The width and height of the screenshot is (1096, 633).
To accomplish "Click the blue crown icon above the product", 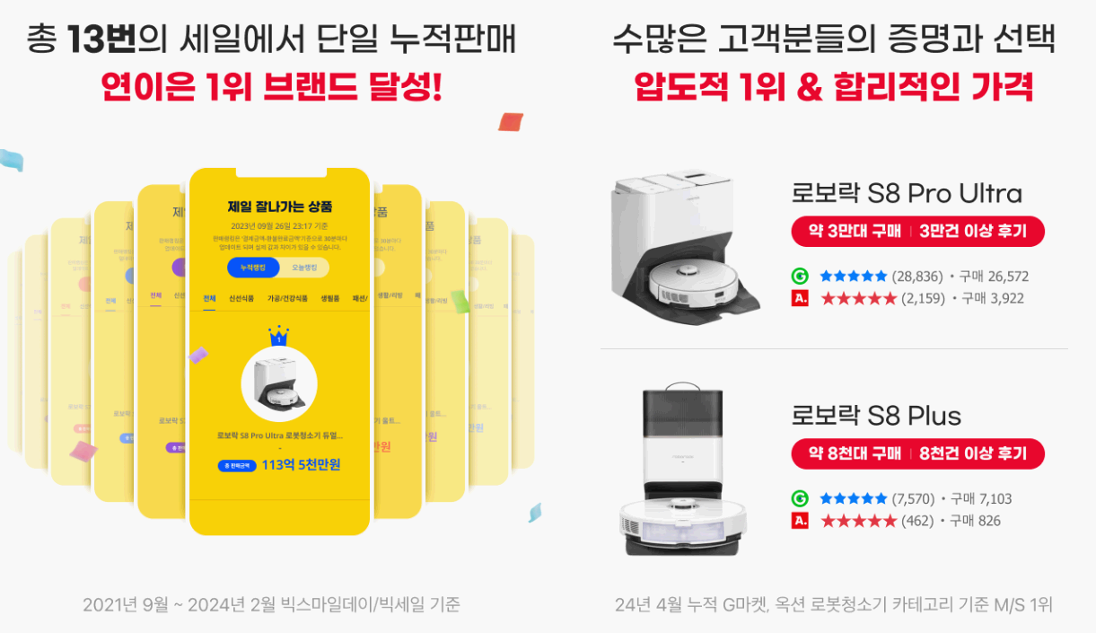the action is tap(279, 336).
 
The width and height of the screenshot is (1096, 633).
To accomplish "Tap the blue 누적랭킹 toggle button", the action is tap(253, 268).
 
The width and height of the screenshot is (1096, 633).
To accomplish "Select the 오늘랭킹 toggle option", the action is tap(304, 268).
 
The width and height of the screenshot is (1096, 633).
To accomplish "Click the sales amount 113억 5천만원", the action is tap(301, 465).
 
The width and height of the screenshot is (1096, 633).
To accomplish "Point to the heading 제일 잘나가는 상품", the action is tap(279, 207).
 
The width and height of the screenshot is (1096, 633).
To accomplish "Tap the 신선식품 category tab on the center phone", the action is tap(241, 298).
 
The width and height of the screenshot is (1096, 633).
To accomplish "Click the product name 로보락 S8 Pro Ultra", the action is tap(907, 193).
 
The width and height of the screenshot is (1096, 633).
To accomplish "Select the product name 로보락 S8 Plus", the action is tap(876, 415).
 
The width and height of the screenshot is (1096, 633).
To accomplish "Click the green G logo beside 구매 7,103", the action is tap(800, 498).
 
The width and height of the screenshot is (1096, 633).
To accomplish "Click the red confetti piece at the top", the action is tap(511, 121).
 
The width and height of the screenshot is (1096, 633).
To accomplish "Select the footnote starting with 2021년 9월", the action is tap(271, 604).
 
